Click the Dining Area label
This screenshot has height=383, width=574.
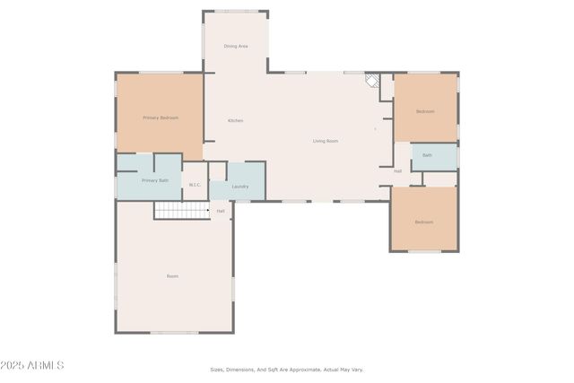(x=236, y=46)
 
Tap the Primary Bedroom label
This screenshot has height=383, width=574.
(x=161, y=118)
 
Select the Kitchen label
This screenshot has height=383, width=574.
(x=235, y=120)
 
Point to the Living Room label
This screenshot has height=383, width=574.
(x=326, y=141)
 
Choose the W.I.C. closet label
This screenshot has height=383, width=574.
(x=195, y=186)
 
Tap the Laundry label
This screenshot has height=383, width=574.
(x=239, y=187)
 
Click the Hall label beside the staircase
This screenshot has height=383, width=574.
(x=221, y=211)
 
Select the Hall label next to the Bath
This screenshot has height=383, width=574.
(x=397, y=170)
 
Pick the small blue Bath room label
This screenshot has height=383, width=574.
(x=427, y=155)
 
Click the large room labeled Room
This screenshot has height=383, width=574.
(x=172, y=276)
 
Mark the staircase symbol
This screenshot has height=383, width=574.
(x=181, y=210)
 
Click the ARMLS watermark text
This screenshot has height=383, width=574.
(x=45, y=365)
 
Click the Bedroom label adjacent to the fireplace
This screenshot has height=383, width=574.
(x=425, y=111)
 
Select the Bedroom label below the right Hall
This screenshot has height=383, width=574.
(x=423, y=222)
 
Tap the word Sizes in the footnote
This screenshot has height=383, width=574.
(x=217, y=369)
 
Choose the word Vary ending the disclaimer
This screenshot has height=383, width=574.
(x=357, y=369)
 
